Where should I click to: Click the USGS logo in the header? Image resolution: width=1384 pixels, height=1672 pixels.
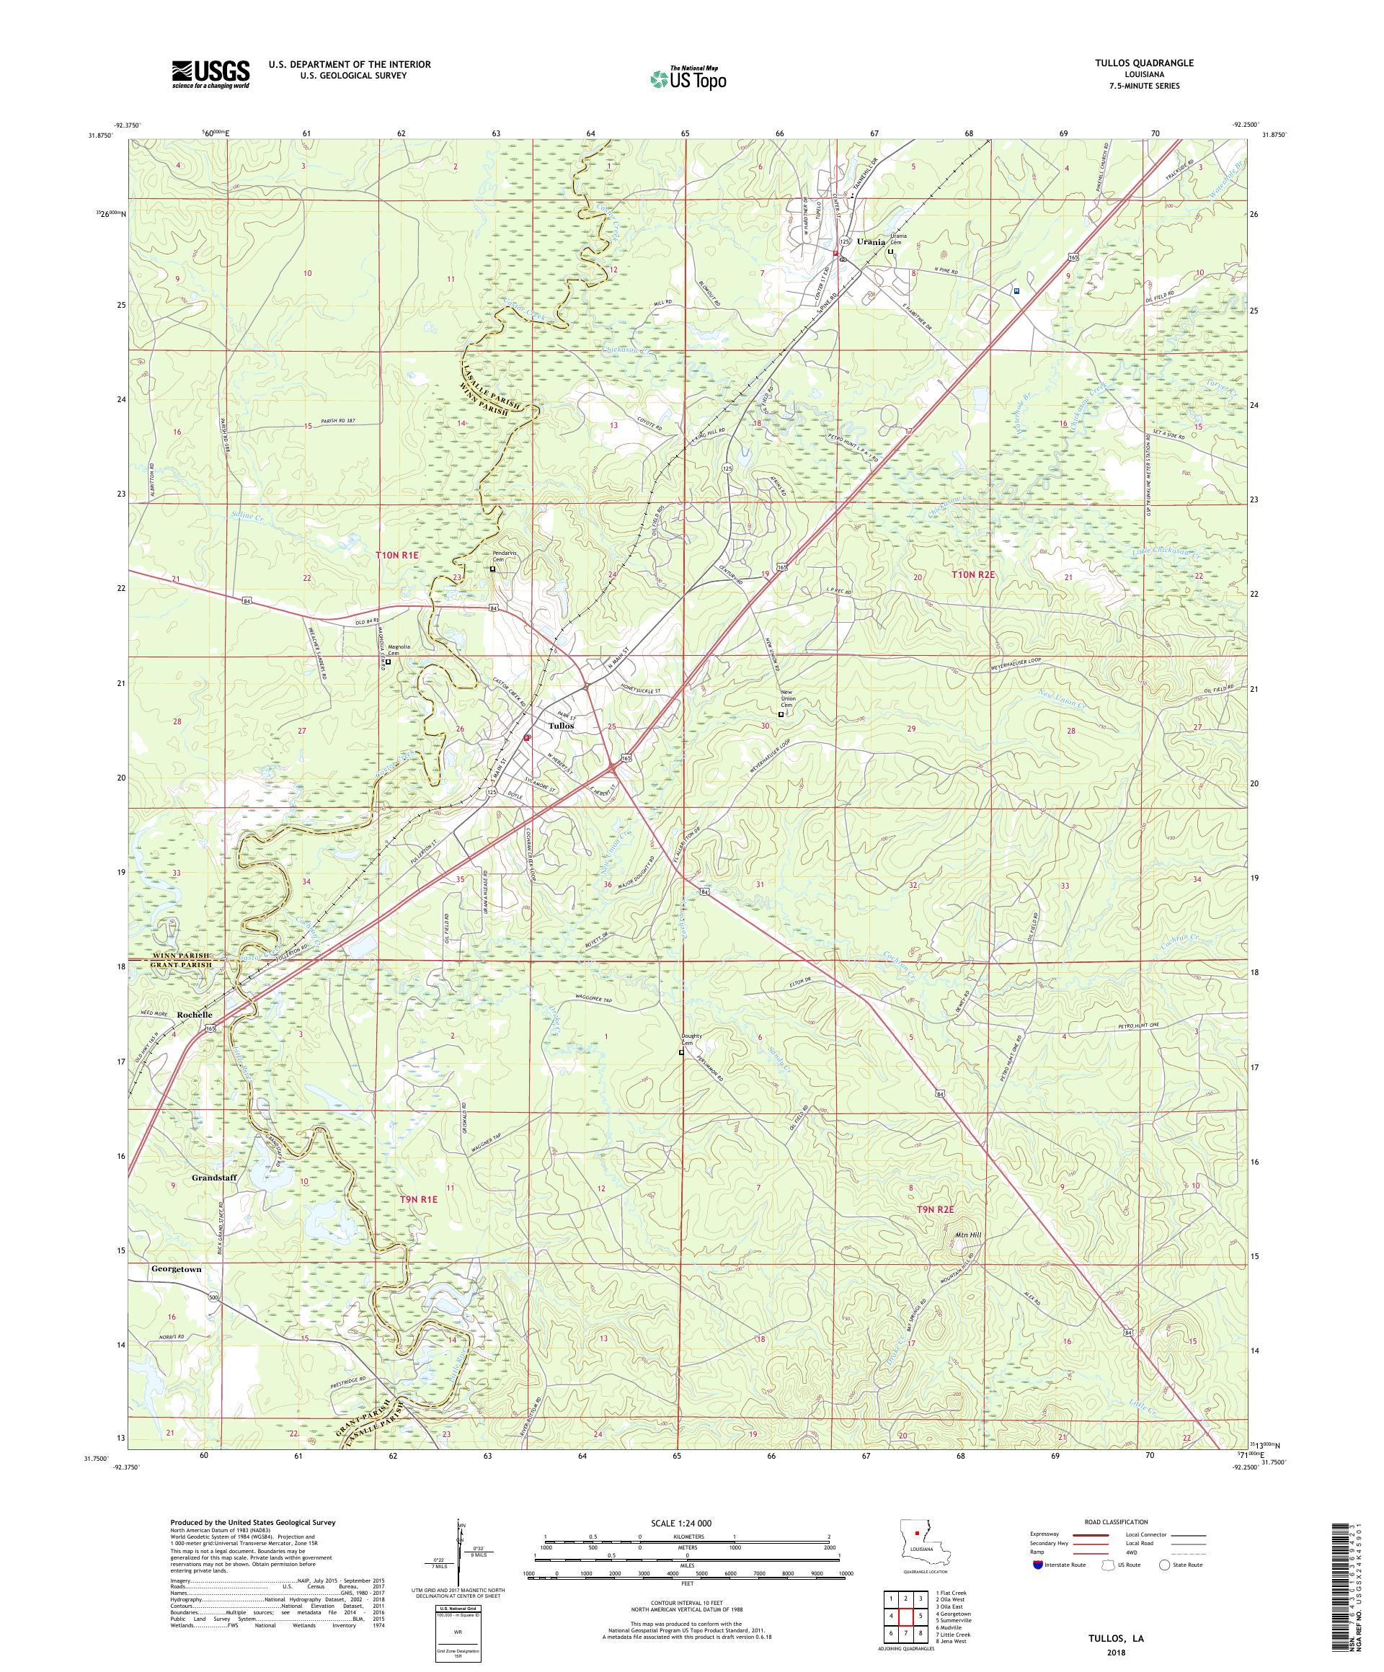coord(210,75)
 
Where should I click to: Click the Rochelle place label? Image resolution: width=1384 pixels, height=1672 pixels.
coord(195,1015)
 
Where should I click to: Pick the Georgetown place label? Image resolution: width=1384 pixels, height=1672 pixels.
coord(175,1269)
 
